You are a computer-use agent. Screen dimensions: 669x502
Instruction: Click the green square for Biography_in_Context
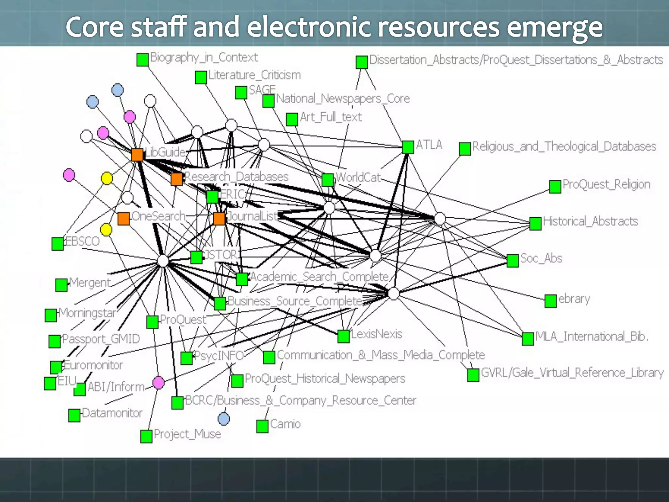pos(142,60)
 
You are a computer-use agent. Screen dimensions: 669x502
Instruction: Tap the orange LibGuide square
pos(137,155)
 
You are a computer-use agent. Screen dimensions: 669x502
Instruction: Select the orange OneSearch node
pos(123,219)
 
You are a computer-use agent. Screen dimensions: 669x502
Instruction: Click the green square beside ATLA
pos(408,147)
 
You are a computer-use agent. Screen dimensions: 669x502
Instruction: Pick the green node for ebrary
pos(550,301)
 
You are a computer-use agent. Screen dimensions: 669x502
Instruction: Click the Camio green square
pos(262,426)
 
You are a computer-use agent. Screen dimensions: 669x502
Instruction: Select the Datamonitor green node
pos(74,415)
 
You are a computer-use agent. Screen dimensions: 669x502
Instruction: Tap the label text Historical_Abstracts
pos(590,222)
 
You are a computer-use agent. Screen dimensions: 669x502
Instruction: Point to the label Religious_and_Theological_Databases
pos(564,146)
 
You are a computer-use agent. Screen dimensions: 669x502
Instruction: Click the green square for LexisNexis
pos(343,336)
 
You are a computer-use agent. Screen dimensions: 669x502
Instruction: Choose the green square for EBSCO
pos(57,244)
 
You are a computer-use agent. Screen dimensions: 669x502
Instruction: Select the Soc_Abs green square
pos(513,260)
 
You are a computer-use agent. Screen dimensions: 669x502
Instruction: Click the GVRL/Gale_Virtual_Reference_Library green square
pos(473,375)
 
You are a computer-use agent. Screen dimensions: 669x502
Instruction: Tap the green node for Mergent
pos(61,285)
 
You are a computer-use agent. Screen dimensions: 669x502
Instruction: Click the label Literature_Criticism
pos(254,75)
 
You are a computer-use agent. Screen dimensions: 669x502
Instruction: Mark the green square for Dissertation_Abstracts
pos(362,62)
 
